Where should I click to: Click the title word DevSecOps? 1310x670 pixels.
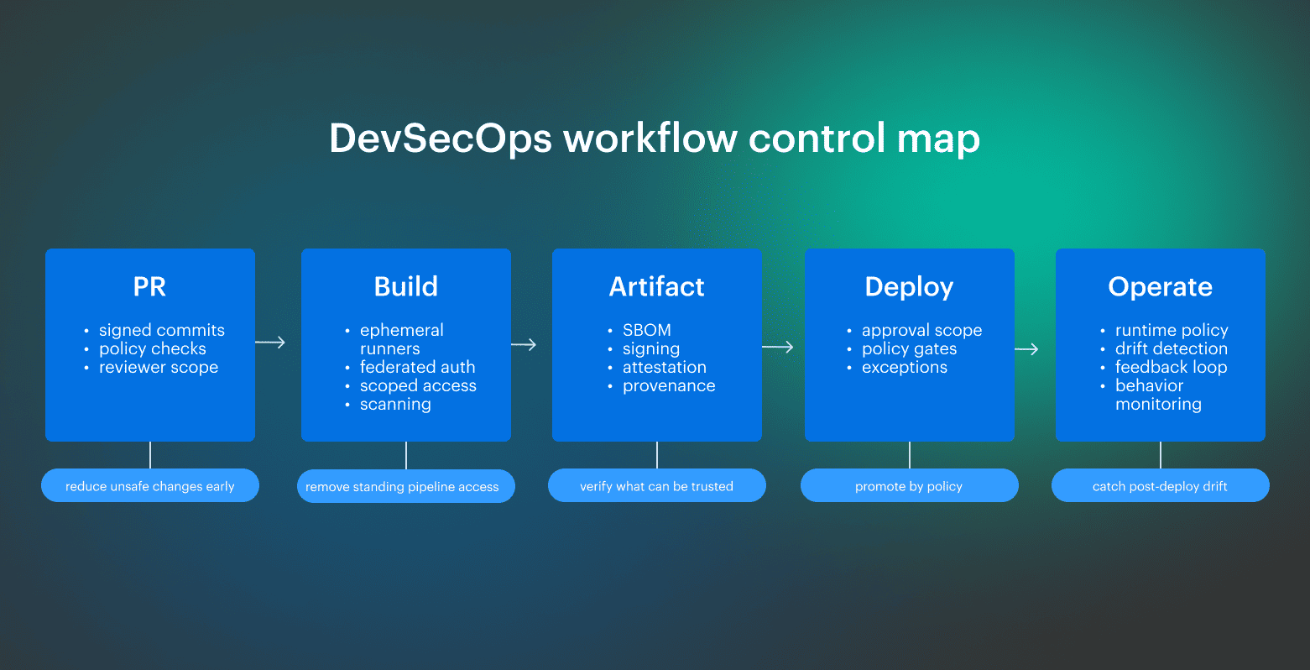441,139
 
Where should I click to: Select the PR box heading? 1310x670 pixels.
149,287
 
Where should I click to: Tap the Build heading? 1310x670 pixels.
406,287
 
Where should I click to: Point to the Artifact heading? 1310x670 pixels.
656,287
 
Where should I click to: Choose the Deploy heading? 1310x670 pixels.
909,287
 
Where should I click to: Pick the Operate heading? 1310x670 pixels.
1160,287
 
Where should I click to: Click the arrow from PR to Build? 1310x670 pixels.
270,343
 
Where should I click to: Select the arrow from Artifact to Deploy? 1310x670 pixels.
778,347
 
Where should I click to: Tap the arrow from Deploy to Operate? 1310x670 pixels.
1026,349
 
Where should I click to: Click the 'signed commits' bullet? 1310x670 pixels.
161,330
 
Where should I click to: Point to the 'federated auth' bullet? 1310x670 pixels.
417,367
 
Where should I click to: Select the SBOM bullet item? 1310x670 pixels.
646,330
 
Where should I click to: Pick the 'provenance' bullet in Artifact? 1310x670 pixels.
669,385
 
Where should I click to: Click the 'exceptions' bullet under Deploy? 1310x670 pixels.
904,367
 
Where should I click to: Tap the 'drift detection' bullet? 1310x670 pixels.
1171,348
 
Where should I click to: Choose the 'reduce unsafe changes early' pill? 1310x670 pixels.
150,486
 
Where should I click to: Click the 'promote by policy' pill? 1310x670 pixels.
909,486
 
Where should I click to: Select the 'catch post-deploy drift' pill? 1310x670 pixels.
1160,486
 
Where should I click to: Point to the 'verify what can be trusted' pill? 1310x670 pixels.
656,486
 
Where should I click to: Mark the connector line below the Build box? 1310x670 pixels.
406,455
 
